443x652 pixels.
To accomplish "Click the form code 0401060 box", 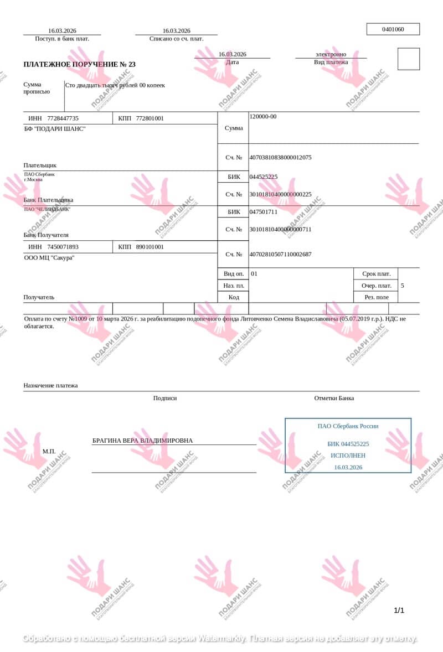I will (x=393, y=29).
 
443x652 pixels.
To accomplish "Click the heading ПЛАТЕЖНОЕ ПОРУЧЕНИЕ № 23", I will (x=79, y=64).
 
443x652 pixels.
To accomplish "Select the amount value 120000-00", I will (x=263, y=117).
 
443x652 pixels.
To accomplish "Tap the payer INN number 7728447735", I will (x=63, y=118).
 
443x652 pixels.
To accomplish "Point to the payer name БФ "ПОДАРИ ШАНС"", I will (x=55, y=129).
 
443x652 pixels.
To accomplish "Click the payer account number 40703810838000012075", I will (x=280, y=157).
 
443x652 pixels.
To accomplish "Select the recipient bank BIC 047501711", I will (x=264, y=211).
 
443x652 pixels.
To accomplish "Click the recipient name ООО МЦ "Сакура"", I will (x=49, y=258).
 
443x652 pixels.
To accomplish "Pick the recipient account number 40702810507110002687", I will (x=280, y=254).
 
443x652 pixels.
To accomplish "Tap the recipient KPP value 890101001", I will (x=150, y=247).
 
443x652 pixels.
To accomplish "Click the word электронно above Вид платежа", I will (x=331, y=54).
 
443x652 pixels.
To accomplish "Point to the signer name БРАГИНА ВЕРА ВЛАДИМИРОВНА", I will (x=142, y=441).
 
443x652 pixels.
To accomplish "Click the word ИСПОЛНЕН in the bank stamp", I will (x=348, y=456).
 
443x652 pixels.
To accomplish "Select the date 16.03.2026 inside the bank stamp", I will (x=348, y=468).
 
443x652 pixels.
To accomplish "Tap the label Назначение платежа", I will (x=50, y=385).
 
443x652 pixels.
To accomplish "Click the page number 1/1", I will (x=399, y=610).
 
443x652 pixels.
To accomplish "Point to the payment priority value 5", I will (x=402, y=286).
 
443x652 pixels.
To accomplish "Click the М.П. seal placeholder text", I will (x=49, y=451).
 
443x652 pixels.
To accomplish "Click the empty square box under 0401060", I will (x=409, y=59).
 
